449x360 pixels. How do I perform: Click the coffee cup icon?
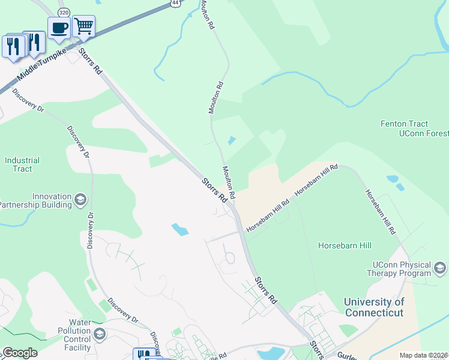(x=59, y=28)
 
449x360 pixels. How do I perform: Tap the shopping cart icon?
(x=83, y=26)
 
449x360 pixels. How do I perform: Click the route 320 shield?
(x=63, y=12)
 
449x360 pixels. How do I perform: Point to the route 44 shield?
(x=174, y=3)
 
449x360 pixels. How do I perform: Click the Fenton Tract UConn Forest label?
(x=414, y=128)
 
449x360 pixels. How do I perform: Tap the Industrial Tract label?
(x=22, y=164)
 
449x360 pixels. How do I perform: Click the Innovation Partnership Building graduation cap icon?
(x=80, y=200)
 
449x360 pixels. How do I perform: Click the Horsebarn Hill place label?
(x=345, y=245)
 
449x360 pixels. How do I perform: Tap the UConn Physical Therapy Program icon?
(x=441, y=268)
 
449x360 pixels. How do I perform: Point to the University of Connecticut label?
(x=374, y=307)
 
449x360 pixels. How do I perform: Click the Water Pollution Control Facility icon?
(x=99, y=334)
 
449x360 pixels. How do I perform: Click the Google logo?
(x=19, y=353)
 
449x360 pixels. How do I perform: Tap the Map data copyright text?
(x=424, y=355)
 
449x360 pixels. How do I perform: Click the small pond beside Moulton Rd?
(x=231, y=141)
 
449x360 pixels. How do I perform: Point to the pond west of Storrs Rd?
(x=179, y=229)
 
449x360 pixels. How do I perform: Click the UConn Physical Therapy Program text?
(x=402, y=269)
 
